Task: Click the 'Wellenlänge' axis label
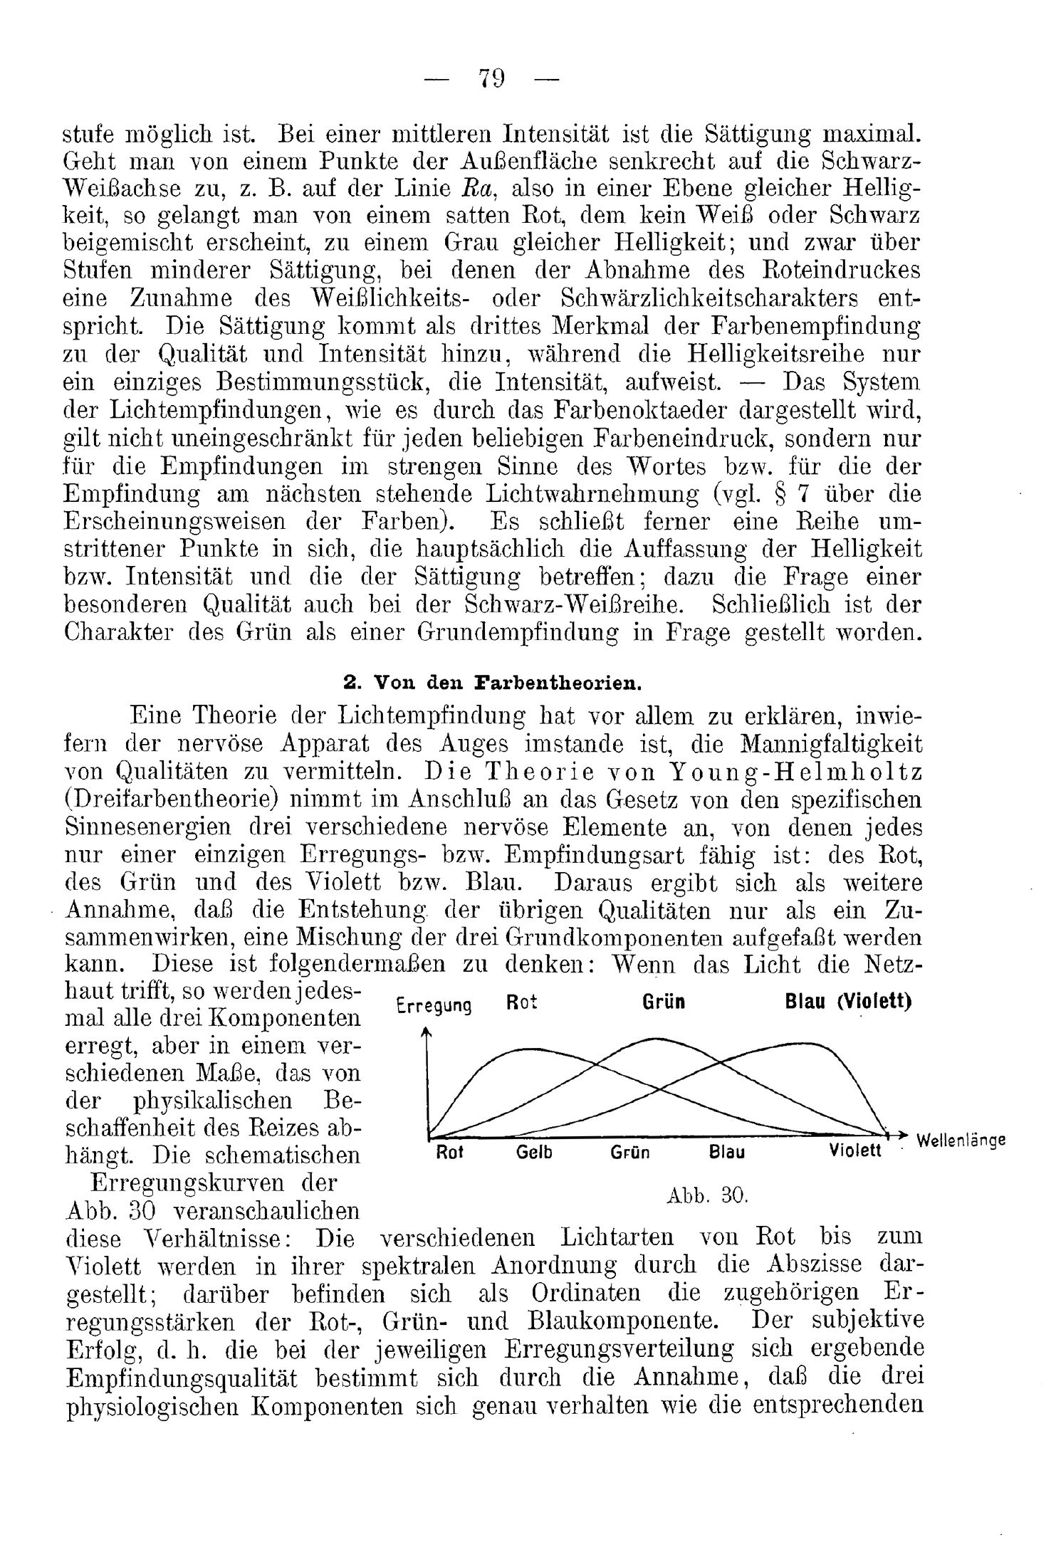961,1140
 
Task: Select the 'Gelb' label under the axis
534,1153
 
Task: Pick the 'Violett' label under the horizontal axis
855,1151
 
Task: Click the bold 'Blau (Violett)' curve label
848,1002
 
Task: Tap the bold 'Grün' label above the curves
664,1002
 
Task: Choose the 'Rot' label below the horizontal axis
449,1153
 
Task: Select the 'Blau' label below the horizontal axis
726,1153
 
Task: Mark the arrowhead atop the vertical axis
427,1032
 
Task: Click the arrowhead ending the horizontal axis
904,1133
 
